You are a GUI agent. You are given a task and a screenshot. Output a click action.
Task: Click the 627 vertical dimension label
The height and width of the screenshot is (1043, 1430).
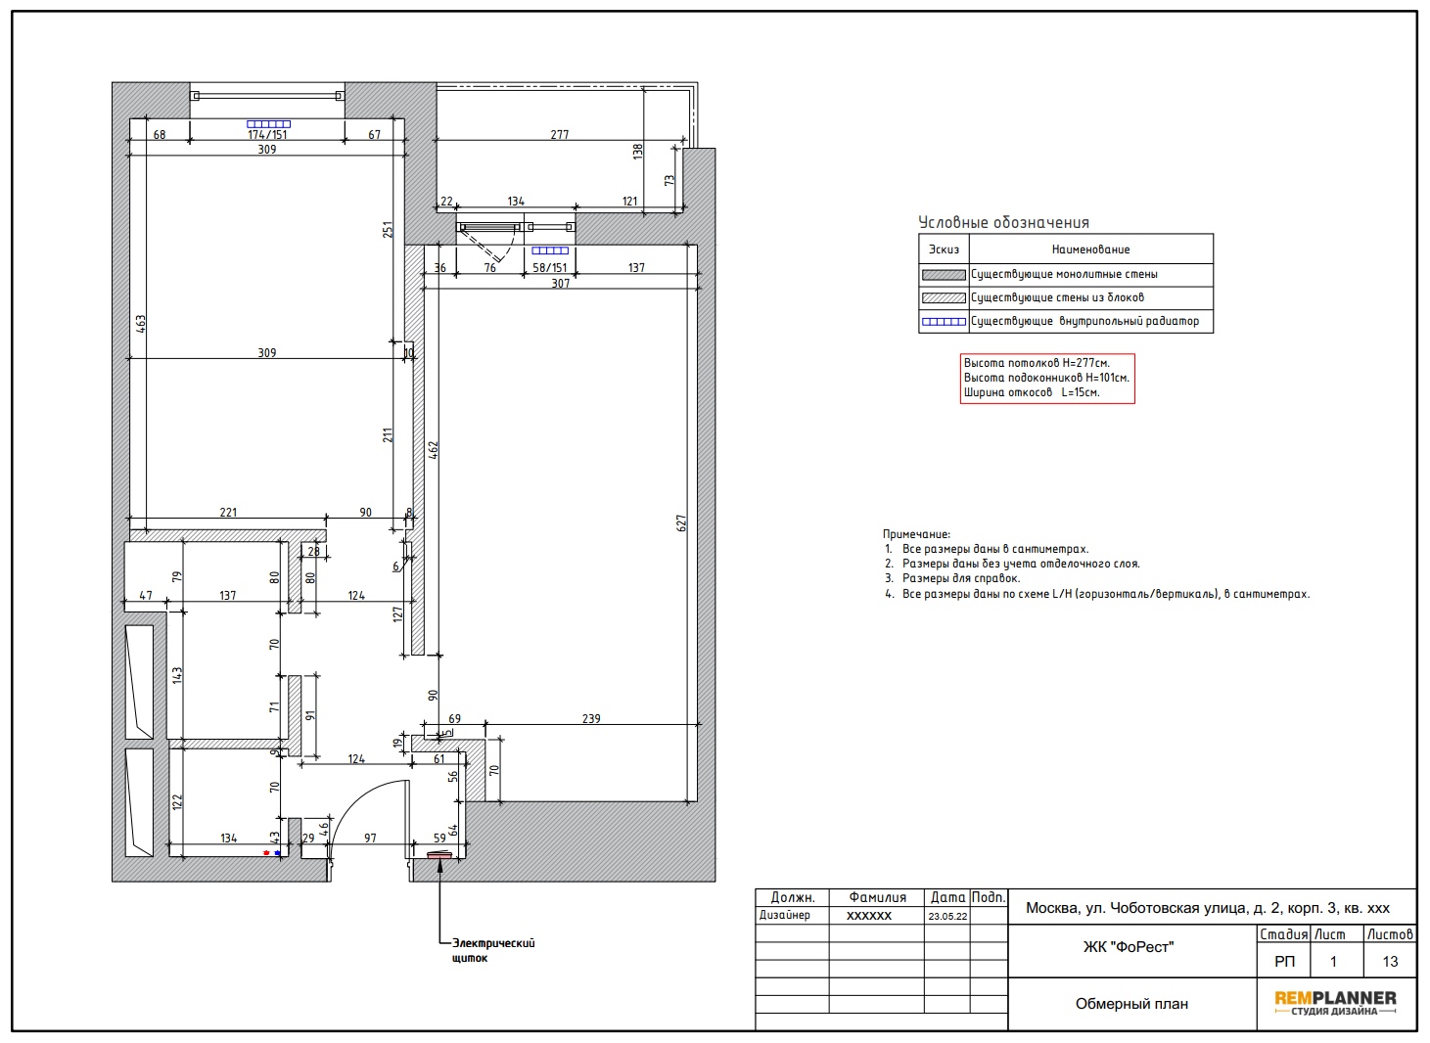681,523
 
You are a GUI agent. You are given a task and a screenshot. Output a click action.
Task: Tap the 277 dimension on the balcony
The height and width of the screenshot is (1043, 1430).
559,135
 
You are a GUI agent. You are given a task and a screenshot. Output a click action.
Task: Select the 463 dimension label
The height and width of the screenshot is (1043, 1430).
140,324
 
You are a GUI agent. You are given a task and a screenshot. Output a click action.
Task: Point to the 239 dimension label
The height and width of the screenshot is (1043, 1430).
591,719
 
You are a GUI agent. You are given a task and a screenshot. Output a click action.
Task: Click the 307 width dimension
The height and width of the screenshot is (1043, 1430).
560,284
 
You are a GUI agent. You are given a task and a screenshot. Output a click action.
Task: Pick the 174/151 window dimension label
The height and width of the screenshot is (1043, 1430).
267,135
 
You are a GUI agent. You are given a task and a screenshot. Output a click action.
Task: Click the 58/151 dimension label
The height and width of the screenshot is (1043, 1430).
550,268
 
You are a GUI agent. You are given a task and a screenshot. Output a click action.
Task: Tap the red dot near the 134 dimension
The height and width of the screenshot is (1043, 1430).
266,853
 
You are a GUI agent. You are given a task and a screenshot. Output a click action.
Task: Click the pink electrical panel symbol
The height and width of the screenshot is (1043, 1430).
438,855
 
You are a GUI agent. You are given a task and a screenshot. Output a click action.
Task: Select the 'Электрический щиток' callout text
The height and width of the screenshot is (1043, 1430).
493,950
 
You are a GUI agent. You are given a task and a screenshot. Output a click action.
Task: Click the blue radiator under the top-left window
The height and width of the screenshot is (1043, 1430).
269,124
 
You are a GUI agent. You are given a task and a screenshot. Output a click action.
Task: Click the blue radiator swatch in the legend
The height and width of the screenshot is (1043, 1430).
944,322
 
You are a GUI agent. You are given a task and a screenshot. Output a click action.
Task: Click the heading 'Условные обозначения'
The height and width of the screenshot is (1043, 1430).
1003,223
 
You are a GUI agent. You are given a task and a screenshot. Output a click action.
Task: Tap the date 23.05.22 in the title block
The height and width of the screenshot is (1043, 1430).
947,916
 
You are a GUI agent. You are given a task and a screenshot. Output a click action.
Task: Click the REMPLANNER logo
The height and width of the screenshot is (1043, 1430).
1335,1003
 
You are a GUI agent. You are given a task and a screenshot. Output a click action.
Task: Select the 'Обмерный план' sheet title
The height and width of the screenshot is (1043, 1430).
1131,1004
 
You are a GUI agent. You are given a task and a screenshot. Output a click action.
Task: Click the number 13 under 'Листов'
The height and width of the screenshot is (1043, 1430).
1390,961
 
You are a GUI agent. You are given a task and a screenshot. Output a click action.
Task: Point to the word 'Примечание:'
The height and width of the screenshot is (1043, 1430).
916,534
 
